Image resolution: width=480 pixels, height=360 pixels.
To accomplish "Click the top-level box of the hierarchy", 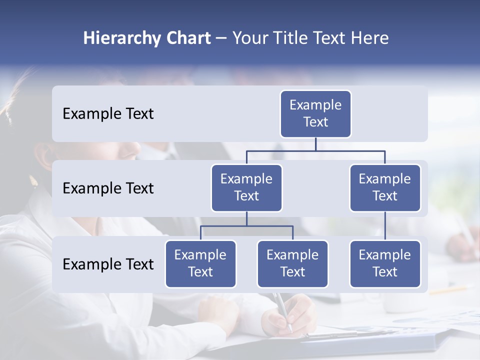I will click(x=315, y=113).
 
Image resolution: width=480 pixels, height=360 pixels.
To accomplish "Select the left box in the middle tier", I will click(x=246, y=187).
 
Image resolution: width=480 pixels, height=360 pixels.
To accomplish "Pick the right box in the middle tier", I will click(x=385, y=187).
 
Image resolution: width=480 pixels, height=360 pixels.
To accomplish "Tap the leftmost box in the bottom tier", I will click(x=200, y=263).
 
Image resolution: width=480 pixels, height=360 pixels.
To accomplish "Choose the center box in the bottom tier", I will click(x=292, y=263).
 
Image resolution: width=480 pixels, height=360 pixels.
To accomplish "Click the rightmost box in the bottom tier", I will click(x=385, y=263).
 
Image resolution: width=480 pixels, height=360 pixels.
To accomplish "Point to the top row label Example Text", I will click(x=108, y=113).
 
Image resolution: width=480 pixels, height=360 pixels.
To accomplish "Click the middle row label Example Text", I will click(x=108, y=188).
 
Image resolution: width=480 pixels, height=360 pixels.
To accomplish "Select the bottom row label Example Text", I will click(x=108, y=264).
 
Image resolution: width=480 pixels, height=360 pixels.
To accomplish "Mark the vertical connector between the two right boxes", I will click(x=385, y=225).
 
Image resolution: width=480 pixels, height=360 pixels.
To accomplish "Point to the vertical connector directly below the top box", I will click(x=315, y=144).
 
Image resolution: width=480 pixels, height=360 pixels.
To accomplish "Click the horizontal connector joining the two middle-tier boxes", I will click(x=315, y=150).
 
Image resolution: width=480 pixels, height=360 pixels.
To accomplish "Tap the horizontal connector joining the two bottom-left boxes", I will click(x=246, y=226).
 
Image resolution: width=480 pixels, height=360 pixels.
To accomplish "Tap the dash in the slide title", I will click(x=221, y=38).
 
